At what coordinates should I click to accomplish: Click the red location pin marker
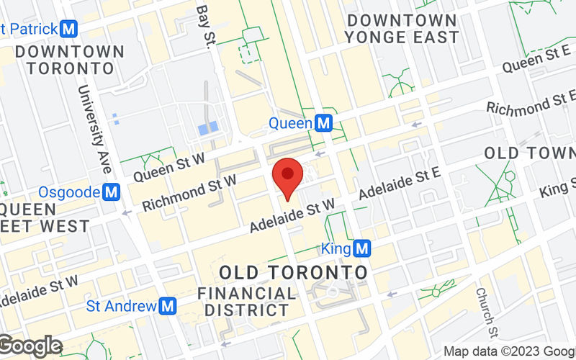(x=288, y=175)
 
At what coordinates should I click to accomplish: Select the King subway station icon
(x=363, y=249)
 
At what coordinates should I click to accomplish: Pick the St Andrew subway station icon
(x=168, y=306)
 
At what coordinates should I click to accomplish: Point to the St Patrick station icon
(x=70, y=30)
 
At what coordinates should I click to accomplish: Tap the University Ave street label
(x=96, y=130)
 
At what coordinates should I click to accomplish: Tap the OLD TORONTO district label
(x=293, y=273)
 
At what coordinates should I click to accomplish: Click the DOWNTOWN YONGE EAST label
(x=401, y=29)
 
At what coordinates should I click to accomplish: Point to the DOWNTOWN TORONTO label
(x=69, y=60)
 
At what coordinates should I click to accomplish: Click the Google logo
(x=30, y=346)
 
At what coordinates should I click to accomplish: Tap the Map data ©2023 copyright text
(x=508, y=352)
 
